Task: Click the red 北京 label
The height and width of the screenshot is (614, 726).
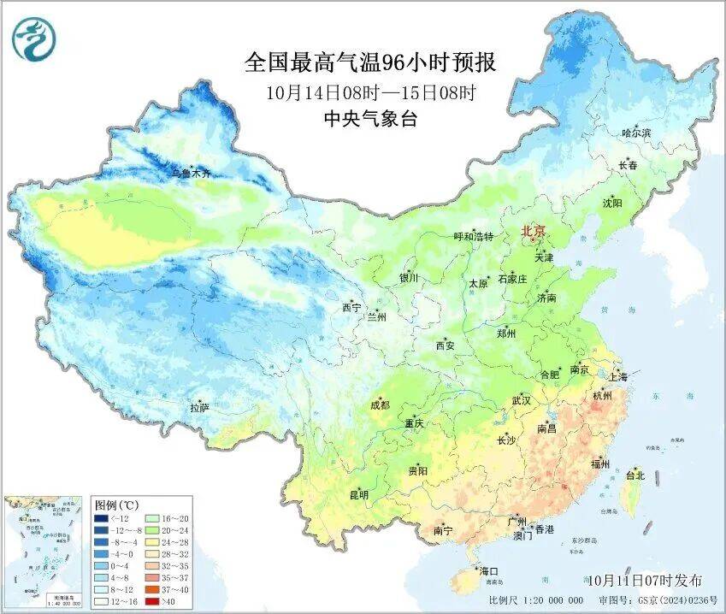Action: coord(535,231)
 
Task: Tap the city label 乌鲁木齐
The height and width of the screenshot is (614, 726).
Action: coord(190,173)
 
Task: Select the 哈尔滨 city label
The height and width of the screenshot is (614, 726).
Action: coord(636,133)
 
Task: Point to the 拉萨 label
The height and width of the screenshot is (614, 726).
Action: coord(199,408)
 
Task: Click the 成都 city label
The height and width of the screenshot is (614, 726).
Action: coord(379,404)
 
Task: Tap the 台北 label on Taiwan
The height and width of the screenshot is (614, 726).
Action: coord(635,475)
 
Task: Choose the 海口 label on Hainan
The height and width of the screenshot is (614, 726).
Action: coord(488,570)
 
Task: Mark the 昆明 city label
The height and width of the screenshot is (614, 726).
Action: coord(358,495)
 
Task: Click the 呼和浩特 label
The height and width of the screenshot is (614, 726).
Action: coord(473,237)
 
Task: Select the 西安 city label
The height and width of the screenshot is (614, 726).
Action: coord(446,345)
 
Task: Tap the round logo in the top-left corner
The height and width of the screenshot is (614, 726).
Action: coord(32,40)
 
